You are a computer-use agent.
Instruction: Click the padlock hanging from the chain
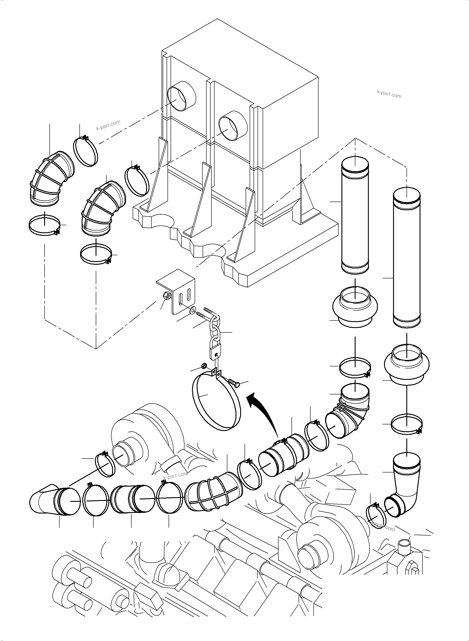[x=215, y=352]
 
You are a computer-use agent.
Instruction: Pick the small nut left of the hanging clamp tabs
[x=203, y=365]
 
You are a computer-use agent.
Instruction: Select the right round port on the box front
[x=232, y=125]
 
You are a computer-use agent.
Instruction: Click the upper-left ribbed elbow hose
[x=51, y=179]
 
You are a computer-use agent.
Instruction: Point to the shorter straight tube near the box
[x=355, y=216]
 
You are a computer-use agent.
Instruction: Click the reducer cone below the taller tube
[x=407, y=365]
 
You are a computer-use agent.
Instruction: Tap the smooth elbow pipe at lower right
[x=406, y=487]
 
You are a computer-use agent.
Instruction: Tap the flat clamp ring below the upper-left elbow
[x=45, y=226]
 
